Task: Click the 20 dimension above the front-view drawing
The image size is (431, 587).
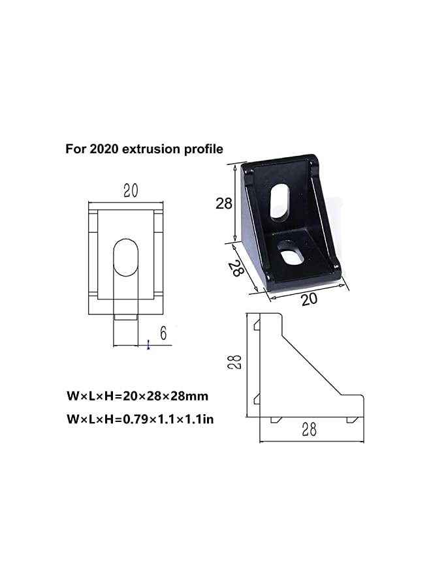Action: (130, 190)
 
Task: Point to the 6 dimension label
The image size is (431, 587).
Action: (163, 333)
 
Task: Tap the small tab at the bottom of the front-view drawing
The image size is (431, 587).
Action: (125, 317)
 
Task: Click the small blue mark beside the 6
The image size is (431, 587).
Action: (149, 344)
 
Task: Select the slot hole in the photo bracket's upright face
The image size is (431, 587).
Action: (279, 204)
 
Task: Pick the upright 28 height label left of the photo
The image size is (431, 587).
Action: (224, 203)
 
